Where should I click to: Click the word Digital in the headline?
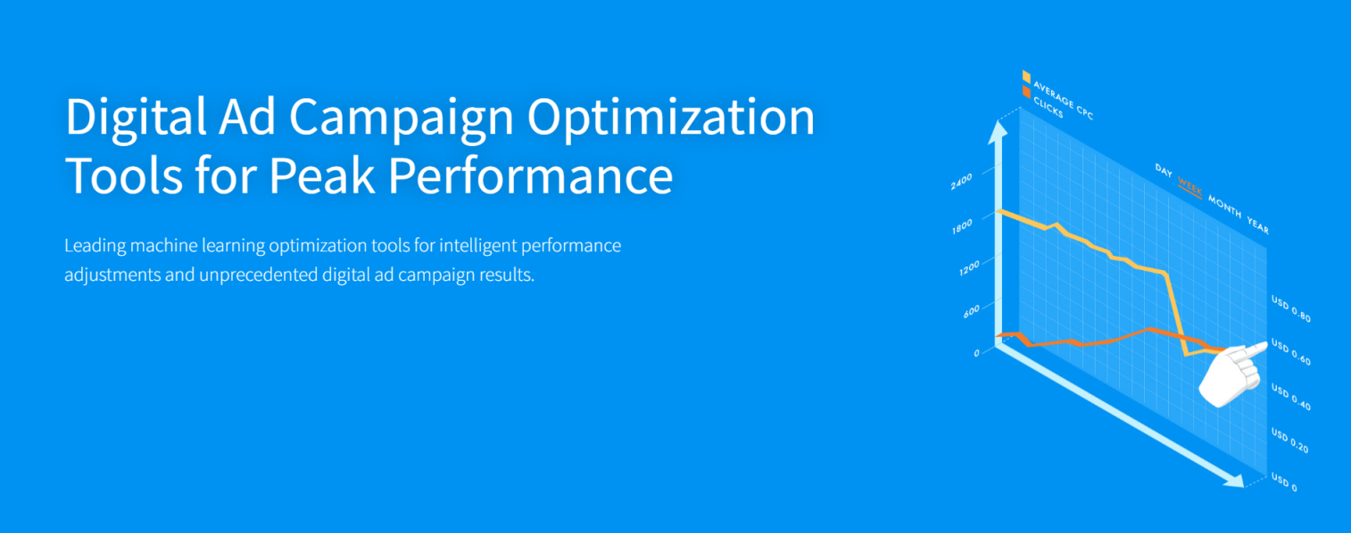pyautogui.click(x=137, y=118)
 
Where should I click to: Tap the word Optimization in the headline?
pyautogui.click(x=671, y=118)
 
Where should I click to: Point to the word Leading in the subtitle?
pyautogui.click(x=95, y=246)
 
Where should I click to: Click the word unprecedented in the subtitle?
pyautogui.click(x=258, y=275)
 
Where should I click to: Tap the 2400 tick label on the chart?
pyautogui.click(x=961, y=181)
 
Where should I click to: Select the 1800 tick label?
pyautogui.click(x=962, y=226)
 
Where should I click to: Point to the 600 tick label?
pyautogui.click(x=972, y=311)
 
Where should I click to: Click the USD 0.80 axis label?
pyautogui.click(x=1291, y=308)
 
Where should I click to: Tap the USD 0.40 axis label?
pyautogui.click(x=1291, y=397)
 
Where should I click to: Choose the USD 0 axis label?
pyautogui.click(x=1284, y=482)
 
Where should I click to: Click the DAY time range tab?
pyautogui.click(x=1164, y=170)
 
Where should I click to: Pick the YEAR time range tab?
pyautogui.click(x=1257, y=225)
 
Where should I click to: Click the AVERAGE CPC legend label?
pyautogui.click(x=1064, y=99)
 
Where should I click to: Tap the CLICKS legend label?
pyautogui.click(x=1048, y=107)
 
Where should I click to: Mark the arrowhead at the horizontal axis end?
pyautogui.click(x=1233, y=480)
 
